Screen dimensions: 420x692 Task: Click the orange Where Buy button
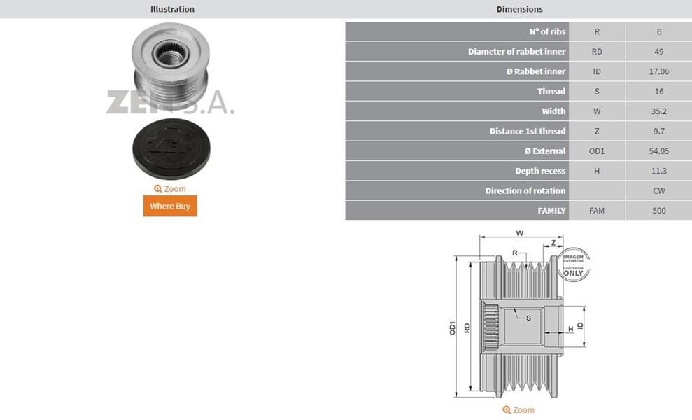[170, 206]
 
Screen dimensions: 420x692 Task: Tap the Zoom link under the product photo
[170, 189]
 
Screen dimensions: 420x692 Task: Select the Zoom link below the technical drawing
[518, 410]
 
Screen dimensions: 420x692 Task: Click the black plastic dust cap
[171, 148]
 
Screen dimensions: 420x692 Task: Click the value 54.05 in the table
[658, 151]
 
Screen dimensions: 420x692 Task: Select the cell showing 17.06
[658, 71]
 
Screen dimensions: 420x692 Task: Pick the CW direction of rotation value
[658, 191]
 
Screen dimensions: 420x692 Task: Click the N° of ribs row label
[547, 31]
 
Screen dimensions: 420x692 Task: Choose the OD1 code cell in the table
[597, 151]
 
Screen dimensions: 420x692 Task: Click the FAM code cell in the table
[597, 211]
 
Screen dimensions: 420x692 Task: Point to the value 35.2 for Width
[658, 111]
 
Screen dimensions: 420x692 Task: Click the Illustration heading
[172, 9]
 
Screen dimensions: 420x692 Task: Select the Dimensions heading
[519, 9]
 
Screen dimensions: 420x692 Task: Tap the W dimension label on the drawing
[519, 233]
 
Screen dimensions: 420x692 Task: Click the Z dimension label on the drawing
[553, 243]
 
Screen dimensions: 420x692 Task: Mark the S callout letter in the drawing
[528, 318]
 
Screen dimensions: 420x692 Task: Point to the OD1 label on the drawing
[453, 327]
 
